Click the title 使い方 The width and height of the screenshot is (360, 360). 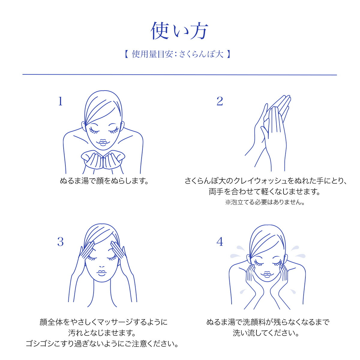pyautogui.click(x=179, y=31)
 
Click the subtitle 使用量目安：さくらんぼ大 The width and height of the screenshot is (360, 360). pyautogui.click(x=178, y=54)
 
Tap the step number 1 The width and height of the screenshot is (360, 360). pyautogui.click(x=60, y=101)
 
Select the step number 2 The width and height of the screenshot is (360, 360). pyautogui.click(x=220, y=101)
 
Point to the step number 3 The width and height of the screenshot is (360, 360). pyautogui.click(x=60, y=242)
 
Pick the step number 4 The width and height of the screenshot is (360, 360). pyautogui.click(x=220, y=242)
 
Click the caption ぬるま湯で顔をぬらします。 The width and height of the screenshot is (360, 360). pyautogui.click(x=104, y=181)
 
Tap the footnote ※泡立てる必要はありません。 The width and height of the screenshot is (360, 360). pyautogui.click(x=265, y=202)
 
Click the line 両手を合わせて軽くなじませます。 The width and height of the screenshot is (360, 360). pyautogui.click(x=265, y=192)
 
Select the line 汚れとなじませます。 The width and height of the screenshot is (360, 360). pyautogui.click(x=102, y=333)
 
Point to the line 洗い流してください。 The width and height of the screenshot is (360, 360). pyautogui.click(x=266, y=333)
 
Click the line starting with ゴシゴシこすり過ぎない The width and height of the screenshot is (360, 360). pyautogui.click(x=102, y=343)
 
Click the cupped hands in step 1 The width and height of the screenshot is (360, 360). pyautogui.click(x=103, y=160)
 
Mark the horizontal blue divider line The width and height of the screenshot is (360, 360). pyautogui.click(x=179, y=75)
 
